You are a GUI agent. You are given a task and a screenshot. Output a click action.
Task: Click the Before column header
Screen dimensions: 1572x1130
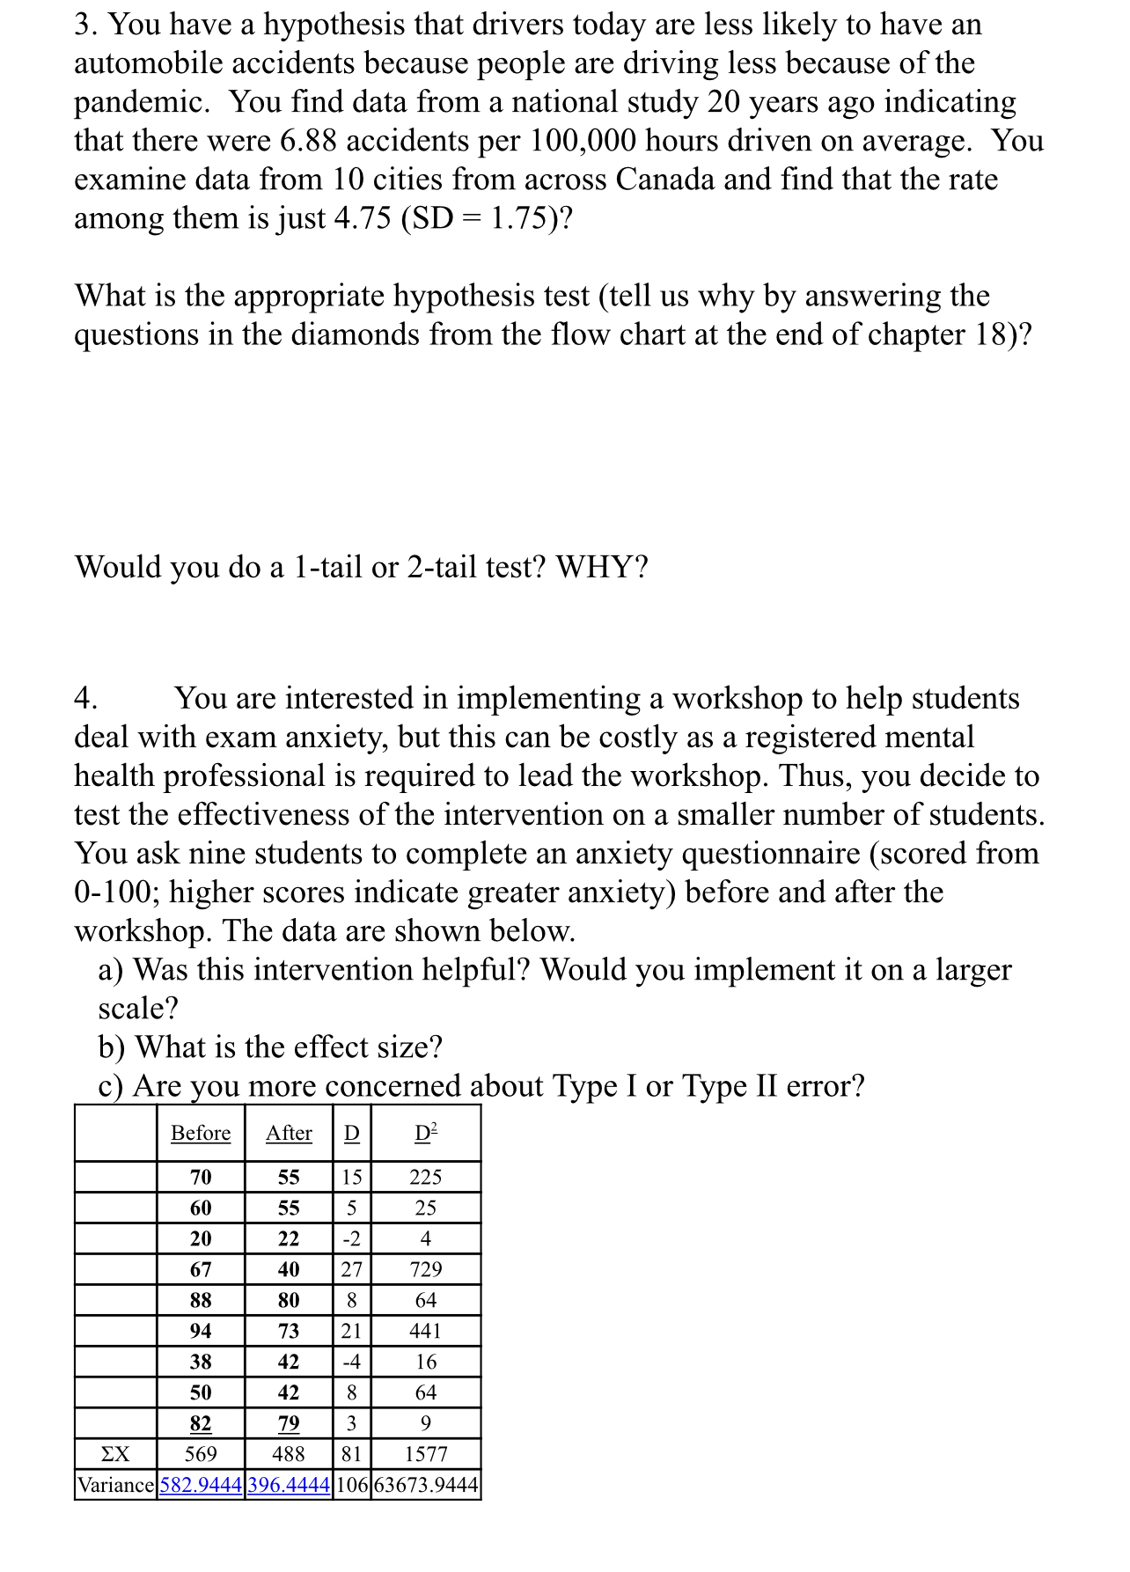point(201,1133)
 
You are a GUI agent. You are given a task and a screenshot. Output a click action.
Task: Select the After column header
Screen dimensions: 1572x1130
point(289,1133)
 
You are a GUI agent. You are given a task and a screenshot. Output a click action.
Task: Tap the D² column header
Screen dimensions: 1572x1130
point(426,1133)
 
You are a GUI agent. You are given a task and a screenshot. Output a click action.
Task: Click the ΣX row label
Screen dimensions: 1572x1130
point(115,1454)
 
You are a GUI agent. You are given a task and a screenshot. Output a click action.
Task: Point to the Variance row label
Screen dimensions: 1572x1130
point(116,1485)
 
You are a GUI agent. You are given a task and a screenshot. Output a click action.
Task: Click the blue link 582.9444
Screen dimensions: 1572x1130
point(201,1485)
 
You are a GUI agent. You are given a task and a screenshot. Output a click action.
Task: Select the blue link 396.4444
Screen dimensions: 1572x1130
point(289,1485)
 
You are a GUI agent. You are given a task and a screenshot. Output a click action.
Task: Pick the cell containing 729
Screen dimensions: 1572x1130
point(426,1269)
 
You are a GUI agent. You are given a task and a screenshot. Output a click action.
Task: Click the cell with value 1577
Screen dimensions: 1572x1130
point(426,1454)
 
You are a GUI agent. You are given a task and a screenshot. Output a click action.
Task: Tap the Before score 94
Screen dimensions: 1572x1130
point(201,1331)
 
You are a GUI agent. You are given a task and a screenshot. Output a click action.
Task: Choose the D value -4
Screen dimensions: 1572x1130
point(351,1362)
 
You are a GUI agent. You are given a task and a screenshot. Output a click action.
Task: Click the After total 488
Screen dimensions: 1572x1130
point(289,1454)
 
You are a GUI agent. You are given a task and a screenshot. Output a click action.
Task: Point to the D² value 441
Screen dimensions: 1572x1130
point(426,1331)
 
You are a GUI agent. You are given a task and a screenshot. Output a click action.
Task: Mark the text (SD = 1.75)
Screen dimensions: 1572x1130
point(486,218)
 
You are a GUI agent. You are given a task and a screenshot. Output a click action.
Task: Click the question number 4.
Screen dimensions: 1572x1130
point(85,699)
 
